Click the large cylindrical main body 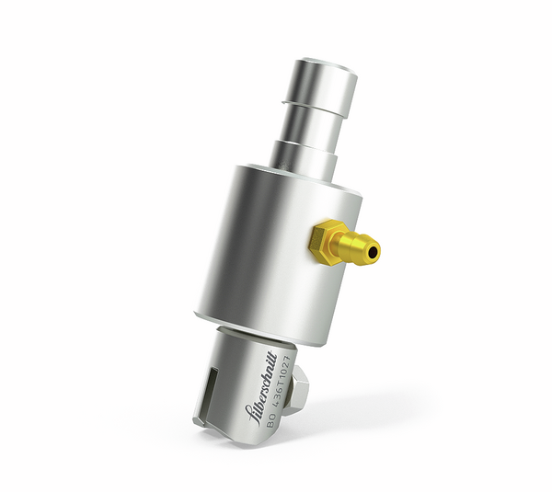(267, 248)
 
